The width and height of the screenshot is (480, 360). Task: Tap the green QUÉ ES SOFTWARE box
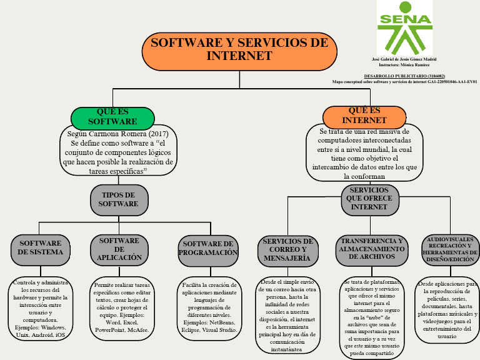pos(112,117)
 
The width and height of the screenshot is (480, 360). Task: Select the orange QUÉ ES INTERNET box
pos(364,116)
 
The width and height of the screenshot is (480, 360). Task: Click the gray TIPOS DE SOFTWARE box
pos(119,200)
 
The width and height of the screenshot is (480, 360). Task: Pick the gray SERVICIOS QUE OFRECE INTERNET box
pos(369,199)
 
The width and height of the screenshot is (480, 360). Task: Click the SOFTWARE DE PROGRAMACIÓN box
pos(209,249)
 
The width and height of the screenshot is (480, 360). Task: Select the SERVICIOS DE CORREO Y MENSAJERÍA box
pos(287,249)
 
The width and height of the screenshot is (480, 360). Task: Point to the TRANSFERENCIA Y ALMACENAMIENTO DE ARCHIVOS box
pos(371,249)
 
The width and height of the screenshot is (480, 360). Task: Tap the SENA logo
pos(404,28)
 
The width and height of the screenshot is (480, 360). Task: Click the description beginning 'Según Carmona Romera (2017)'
pos(118,152)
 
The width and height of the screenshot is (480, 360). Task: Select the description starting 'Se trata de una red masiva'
pos(364,154)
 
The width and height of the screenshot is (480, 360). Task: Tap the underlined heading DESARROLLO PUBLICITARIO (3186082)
pos(404,76)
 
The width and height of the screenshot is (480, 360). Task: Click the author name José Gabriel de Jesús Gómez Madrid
pos(404,59)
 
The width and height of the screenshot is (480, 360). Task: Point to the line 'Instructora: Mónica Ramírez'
pos(404,64)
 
